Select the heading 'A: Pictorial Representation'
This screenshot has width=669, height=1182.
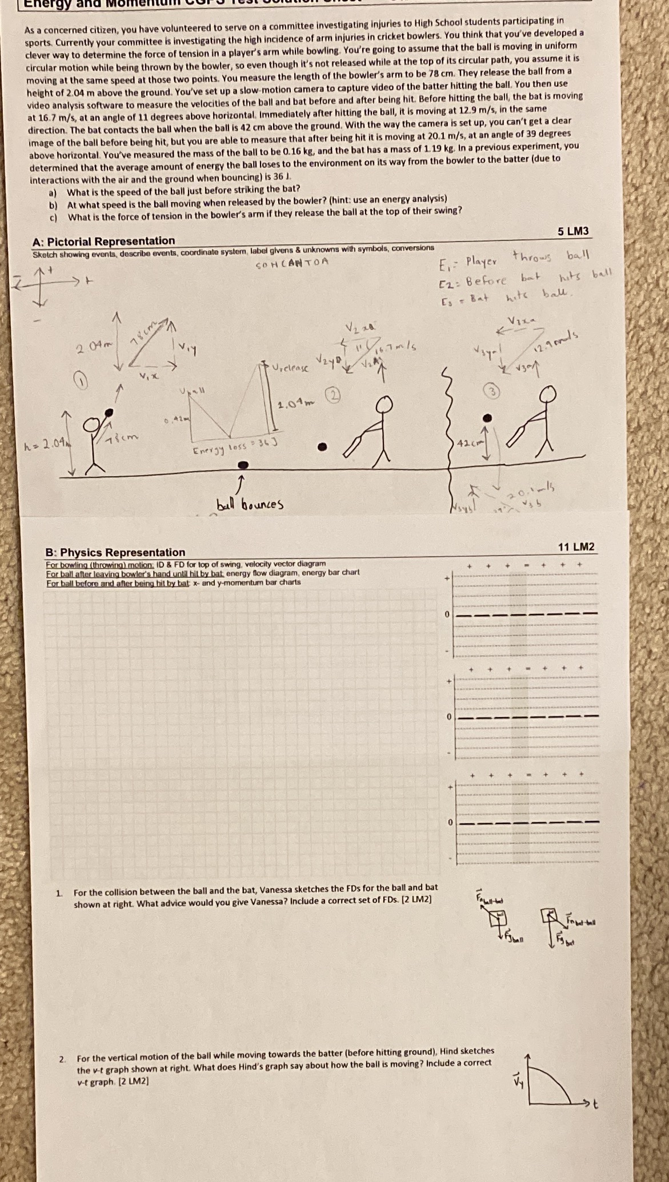(104, 241)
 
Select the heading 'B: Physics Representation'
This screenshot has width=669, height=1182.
(115, 552)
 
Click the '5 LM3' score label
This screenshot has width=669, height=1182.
(572, 231)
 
